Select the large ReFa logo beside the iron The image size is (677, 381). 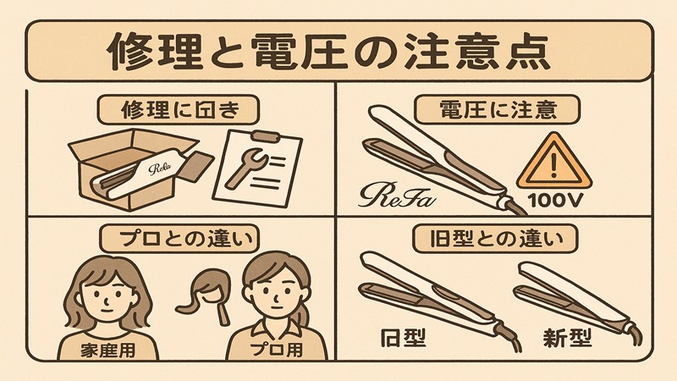coord(396,197)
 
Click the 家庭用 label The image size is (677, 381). coord(107,346)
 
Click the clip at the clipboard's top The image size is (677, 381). coord(265,136)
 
